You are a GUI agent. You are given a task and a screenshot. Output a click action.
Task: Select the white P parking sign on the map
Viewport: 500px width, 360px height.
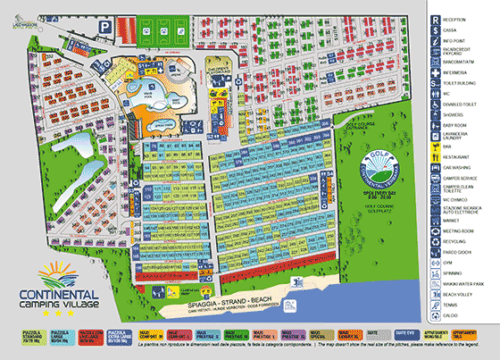104,27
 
